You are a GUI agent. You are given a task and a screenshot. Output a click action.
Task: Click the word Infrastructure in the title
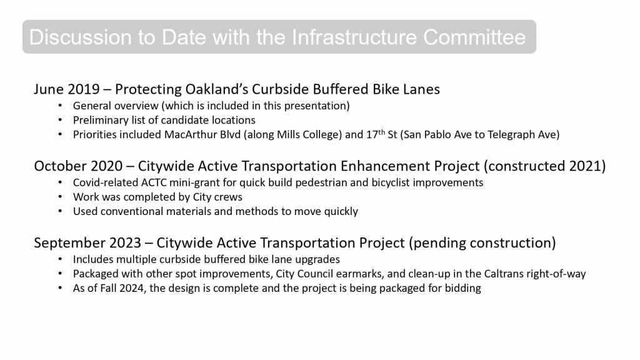354,37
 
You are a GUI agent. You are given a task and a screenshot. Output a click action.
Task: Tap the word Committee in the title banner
474,37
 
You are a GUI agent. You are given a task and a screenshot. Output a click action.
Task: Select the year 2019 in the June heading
84,89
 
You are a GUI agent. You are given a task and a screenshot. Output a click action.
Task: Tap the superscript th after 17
381,132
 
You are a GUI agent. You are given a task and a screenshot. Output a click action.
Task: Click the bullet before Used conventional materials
60,211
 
